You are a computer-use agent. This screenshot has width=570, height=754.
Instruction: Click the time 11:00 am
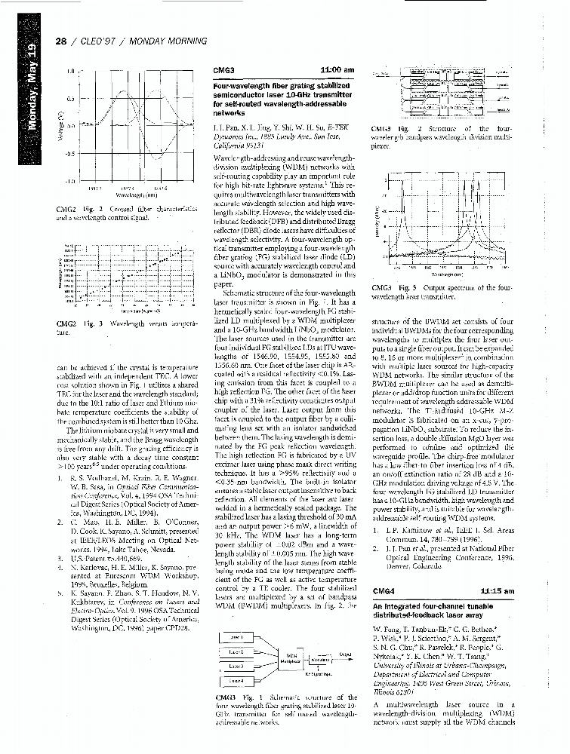click(x=337, y=70)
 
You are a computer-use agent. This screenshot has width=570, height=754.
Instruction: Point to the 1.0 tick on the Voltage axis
click(x=69, y=72)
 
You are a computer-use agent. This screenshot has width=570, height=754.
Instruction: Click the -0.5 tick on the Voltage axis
click(x=68, y=155)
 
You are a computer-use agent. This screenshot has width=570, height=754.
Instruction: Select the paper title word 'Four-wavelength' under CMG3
click(x=236, y=87)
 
